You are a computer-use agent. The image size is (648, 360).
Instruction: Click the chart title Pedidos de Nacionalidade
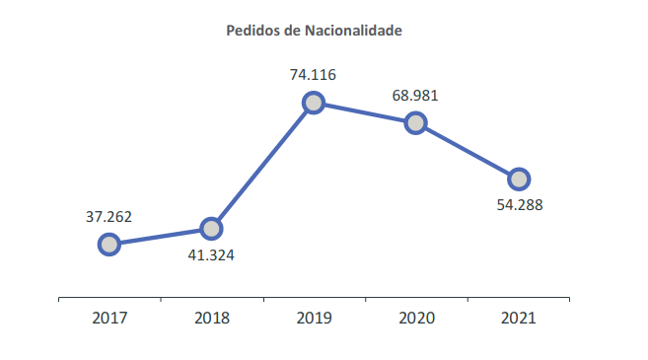314,31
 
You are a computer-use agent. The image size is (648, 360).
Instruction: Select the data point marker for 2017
109,244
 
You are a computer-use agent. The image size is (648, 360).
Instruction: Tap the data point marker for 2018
211,228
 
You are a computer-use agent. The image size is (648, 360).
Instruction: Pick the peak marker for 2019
314,102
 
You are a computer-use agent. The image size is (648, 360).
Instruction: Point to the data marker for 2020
415,122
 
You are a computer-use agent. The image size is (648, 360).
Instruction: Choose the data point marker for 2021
518,179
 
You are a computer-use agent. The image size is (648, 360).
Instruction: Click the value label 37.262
108,217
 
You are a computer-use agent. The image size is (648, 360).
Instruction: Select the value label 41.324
211,254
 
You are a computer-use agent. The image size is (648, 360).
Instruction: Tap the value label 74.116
313,74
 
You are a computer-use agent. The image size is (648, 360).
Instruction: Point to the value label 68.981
415,96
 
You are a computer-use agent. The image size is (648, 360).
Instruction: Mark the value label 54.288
518,205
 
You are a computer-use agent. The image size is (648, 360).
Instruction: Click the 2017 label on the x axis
109,318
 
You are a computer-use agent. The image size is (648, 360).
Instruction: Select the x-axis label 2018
211,318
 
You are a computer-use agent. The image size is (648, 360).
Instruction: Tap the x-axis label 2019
314,318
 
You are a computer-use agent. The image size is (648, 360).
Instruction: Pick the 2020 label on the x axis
415,318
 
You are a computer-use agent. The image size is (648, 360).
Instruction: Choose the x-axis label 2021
518,318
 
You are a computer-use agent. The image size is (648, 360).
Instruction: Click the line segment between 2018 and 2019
262,165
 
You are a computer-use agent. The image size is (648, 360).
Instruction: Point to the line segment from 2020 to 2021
467,151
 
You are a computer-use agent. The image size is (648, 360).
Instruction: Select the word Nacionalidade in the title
351,31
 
